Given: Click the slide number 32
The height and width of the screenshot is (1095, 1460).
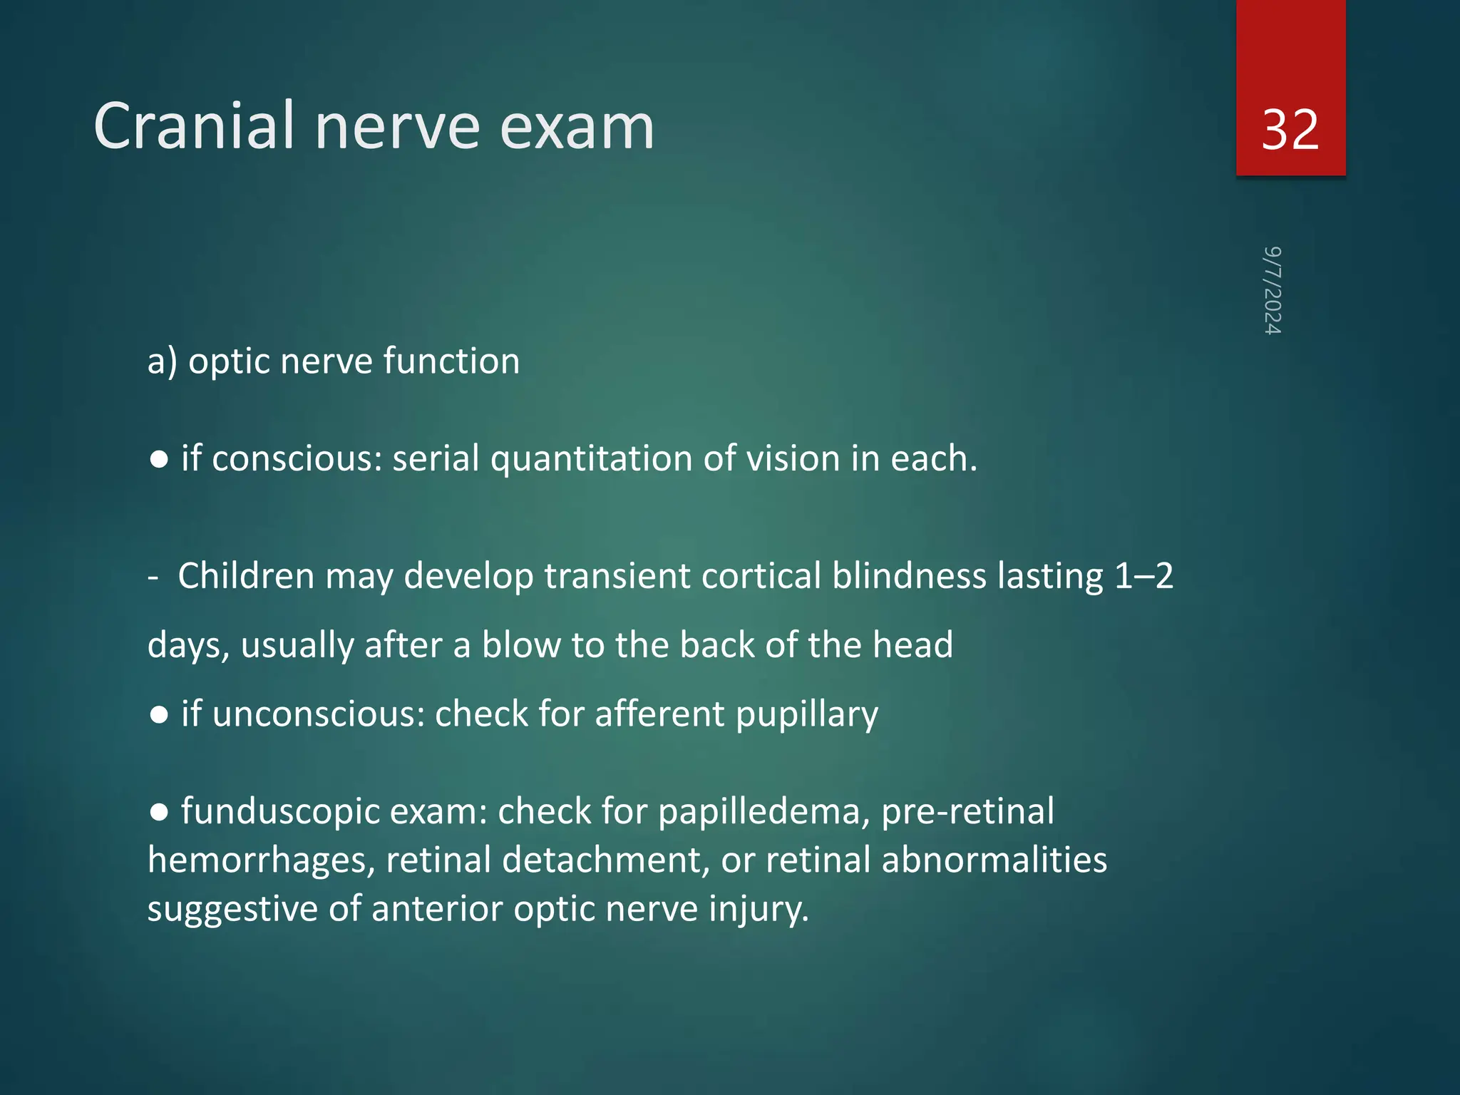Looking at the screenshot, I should pos(1290,130).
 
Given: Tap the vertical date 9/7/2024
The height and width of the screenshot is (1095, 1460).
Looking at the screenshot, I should pos(1273,290).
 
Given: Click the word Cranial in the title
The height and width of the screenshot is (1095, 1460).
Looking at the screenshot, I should pos(194,126).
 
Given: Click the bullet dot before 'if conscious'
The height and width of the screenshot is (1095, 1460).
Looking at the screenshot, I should pos(159,460).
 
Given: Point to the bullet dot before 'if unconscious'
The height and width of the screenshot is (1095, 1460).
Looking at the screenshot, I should pos(159,715).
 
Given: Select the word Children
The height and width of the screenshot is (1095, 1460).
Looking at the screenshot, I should pos(246,576).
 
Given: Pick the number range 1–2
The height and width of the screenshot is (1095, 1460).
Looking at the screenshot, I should pos(1143,576).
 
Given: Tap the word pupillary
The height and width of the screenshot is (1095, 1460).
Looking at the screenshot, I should pos(806,715).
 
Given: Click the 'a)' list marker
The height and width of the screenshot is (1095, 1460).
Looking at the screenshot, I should pos(162,361).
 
